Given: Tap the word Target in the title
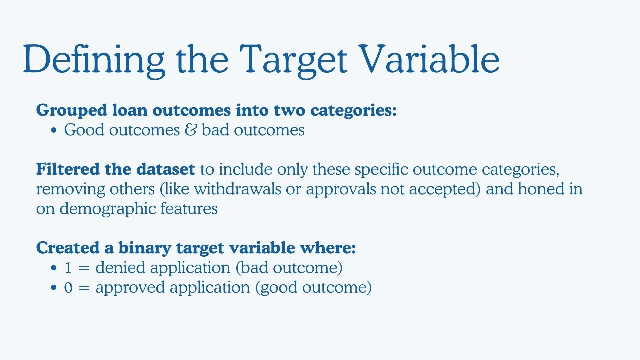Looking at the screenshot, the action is (x=294, y=60).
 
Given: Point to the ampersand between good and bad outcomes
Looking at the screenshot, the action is (x=191, y=130).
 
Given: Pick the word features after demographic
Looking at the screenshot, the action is (x=189, y=209).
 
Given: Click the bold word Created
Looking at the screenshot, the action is (x=68, y=248).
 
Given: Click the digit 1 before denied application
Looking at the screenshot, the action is (x=68, y=268).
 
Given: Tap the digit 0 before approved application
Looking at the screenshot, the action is (x=68, y=288).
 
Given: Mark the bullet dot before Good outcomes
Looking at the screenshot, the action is (x=54, y=130).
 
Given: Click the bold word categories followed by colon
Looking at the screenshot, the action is (x=353, y=111).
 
